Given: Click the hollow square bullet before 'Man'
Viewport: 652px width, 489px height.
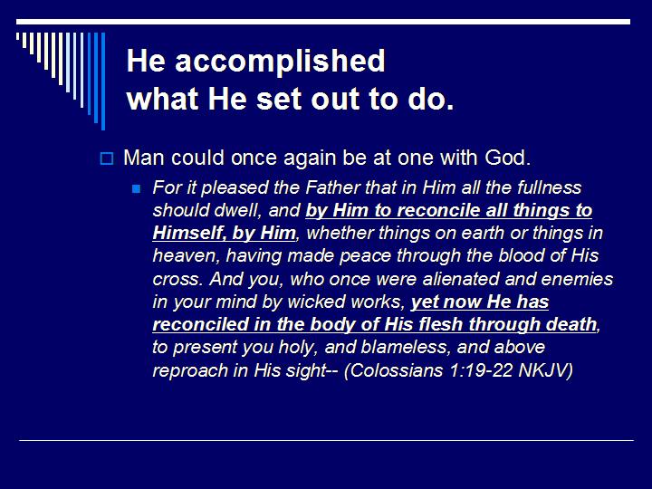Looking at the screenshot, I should coord(106,158).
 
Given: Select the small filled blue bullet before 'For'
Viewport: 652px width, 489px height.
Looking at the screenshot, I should coord(137,189).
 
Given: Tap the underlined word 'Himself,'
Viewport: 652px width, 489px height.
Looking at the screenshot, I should coord(189,234).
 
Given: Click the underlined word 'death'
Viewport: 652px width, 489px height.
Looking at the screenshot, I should coord(570,324).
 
